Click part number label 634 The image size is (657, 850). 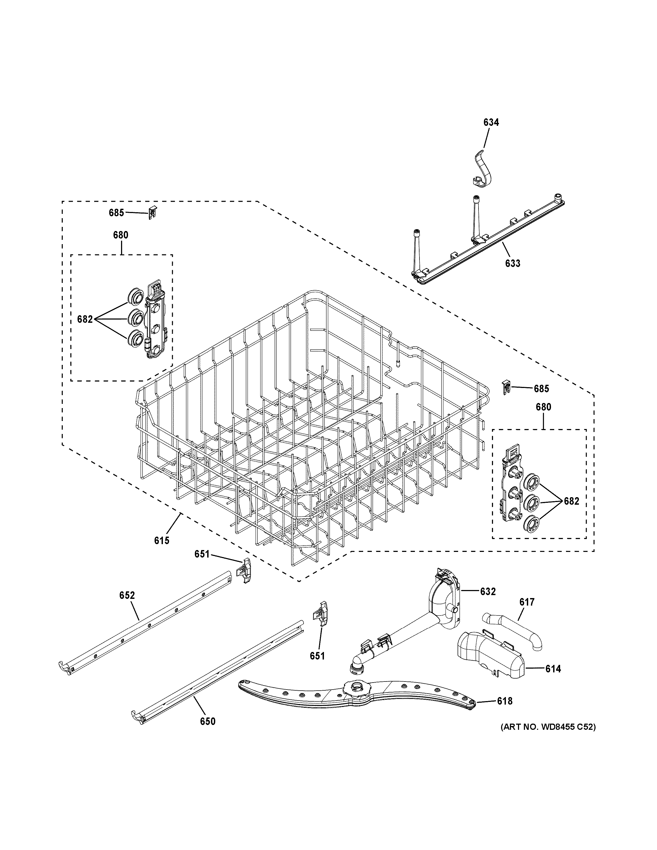491,122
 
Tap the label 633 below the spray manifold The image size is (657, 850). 513,263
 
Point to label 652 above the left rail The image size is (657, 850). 127,606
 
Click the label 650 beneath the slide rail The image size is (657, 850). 207,721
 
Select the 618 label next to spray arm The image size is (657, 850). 505,701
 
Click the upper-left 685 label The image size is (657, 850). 116,213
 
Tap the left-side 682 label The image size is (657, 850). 85,319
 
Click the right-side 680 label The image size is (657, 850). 543,407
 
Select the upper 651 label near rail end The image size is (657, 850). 202,554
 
